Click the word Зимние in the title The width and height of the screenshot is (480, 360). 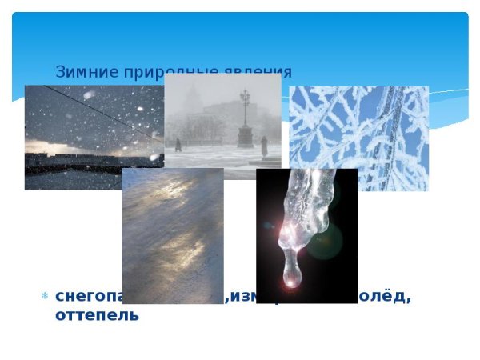79,72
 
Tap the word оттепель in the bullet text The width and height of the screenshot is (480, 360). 97,314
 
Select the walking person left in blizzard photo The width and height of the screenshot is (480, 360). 178,145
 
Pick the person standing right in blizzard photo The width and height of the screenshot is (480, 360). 264,146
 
